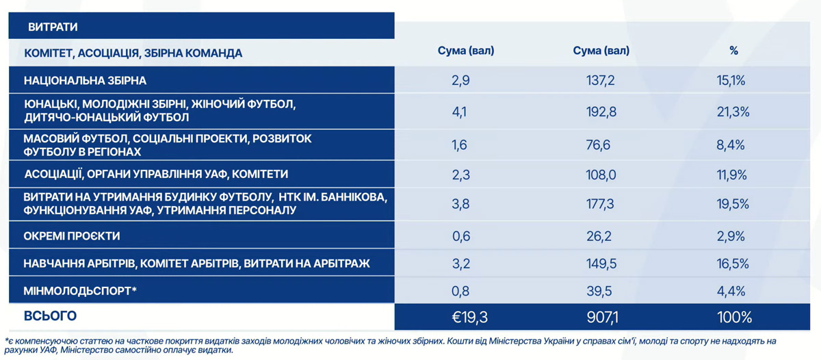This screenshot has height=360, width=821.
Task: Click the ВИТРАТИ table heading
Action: (x=53, y=27)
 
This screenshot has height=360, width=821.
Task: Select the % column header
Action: (x=733, y=51)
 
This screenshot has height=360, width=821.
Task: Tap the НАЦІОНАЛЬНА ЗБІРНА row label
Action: (x=85, y=81)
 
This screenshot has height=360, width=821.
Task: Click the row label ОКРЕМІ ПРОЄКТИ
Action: (x=72, y=236)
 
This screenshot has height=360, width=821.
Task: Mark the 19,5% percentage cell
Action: (x=733, y=205)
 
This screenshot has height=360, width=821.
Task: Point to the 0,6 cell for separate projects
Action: (x=460, y=236)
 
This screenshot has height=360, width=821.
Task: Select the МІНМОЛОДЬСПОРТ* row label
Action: (x=81, y=291)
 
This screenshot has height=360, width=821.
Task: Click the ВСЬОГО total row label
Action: (x=50, y=316)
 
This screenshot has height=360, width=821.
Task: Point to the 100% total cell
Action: (x=733, y=318)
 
